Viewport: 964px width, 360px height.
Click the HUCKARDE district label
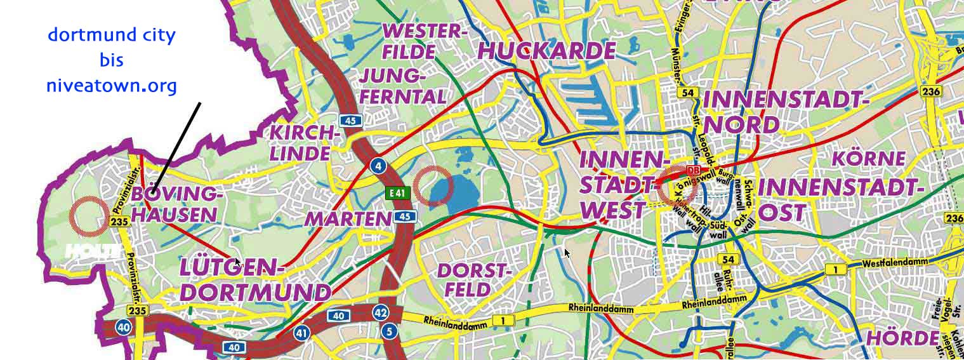[546, 51]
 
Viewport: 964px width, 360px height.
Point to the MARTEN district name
[348, 219]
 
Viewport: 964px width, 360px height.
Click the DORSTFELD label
[473, 280]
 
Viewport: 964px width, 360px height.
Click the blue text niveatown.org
[111, 86]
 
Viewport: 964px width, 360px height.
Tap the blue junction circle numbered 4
[378, 166]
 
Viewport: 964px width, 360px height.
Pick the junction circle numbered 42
[380, 312]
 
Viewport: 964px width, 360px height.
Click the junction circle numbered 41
[301, 332]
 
